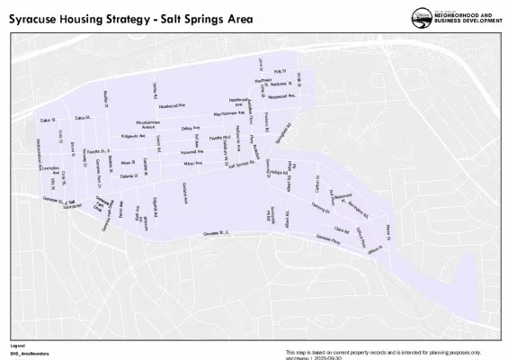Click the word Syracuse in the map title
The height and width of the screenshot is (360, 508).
[40, 17]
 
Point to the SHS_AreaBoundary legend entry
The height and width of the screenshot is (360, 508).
[30, 353]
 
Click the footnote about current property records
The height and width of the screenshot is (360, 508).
[382, 351]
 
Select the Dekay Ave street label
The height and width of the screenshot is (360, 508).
[191, 129]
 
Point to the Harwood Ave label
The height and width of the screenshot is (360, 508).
[180, 152]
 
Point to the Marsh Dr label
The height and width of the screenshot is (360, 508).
[388, 231]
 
